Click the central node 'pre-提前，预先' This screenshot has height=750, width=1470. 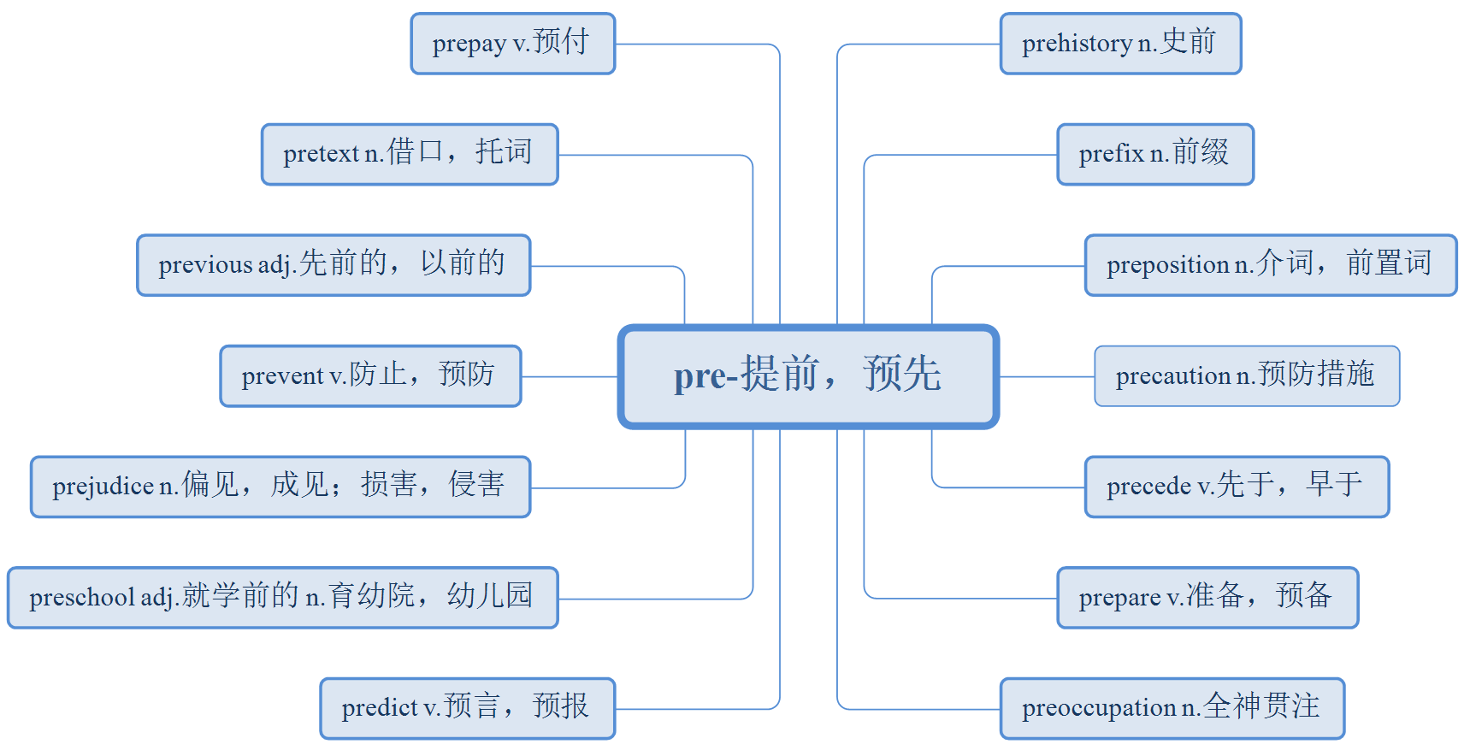[x=808, y=376]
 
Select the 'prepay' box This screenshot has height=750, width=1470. [x=512, y=44]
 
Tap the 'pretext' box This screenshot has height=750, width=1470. [x=410, y=155]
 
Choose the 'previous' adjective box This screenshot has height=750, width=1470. [x=334, y=265]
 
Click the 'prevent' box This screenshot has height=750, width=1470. [x=370, y=376]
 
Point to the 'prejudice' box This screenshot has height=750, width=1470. [x=280, y=487]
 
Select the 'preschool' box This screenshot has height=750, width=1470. [x=282, y=598]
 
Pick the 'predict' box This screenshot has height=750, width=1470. [x=467, y=708]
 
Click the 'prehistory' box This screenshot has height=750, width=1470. [x=1120, y=44]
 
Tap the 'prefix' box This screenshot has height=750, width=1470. [x=1155, y=155]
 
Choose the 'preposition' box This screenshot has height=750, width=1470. [x=1270, y=265]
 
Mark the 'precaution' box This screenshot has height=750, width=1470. [x=1247, y=376]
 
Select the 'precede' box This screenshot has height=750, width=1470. [x=1237, y=487]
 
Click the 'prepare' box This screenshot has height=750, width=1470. [x=1207, y=598]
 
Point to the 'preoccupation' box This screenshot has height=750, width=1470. [x=1172, y=708]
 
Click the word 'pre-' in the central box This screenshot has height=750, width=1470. [x=705, y=376]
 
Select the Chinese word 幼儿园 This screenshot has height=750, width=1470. [x=490, y=595]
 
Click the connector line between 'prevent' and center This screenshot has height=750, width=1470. [x=570, y=376]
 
